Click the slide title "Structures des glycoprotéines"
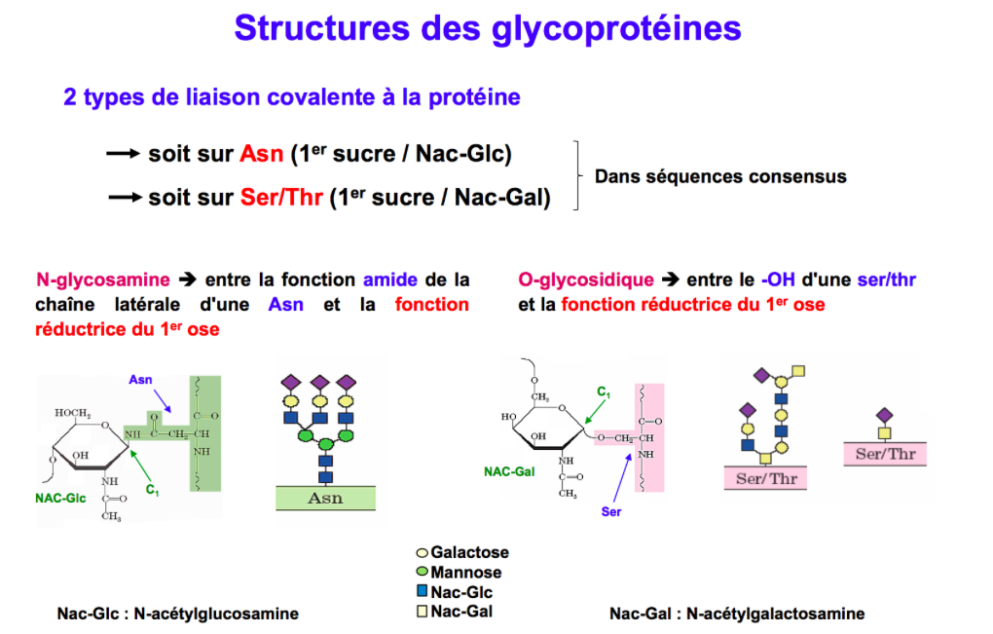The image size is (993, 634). tap(487, 28)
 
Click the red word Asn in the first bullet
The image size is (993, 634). tap(262, 154)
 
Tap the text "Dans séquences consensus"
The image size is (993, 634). tap(720, 176)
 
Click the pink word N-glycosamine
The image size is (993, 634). tap(102, 280)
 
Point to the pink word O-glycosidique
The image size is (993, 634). tap(586, 280)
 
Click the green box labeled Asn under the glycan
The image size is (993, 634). tap(325, 498)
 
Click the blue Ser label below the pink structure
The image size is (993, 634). tap(611, 511)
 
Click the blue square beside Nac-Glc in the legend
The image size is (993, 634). tap(422, 592)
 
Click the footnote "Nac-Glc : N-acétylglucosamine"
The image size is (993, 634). tap(177, 614)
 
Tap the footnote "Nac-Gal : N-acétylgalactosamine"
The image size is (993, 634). tap(737, 614)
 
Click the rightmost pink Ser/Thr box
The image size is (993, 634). tap(885, 454)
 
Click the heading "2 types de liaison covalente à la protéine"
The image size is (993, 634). tap(292, 97)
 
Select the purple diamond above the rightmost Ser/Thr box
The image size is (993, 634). tap(885, 415)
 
